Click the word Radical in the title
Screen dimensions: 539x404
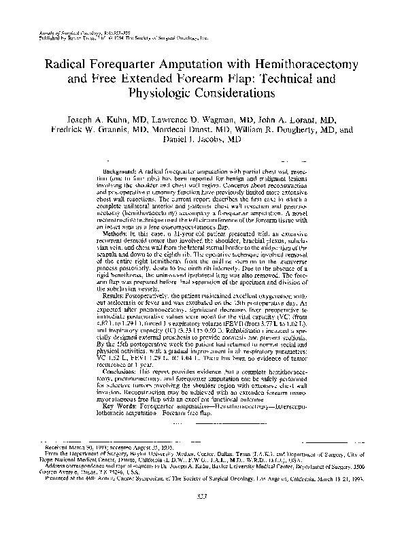click(67, 63)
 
